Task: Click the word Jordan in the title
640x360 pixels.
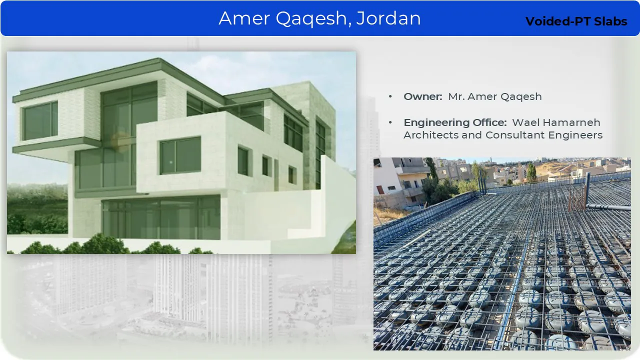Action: click(x=388, y=18)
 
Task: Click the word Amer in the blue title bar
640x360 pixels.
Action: click(x=244, y=18)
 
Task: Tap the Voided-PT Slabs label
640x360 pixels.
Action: click(x=576, y=21)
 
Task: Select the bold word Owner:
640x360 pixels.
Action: click(x=423, y=96)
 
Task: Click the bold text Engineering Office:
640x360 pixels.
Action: click(x=455, y=122)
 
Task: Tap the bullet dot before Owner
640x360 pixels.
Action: click(x=390, y=96)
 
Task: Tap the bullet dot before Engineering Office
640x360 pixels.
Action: click(x=390, y=122)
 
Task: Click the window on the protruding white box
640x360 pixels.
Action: click(x=180, y=155)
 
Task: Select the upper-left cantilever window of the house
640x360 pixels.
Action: click(x=40, y=121)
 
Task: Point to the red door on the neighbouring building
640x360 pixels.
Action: click(x=380, y=190)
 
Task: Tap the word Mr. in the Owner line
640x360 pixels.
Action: click(x=456, y=96)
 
